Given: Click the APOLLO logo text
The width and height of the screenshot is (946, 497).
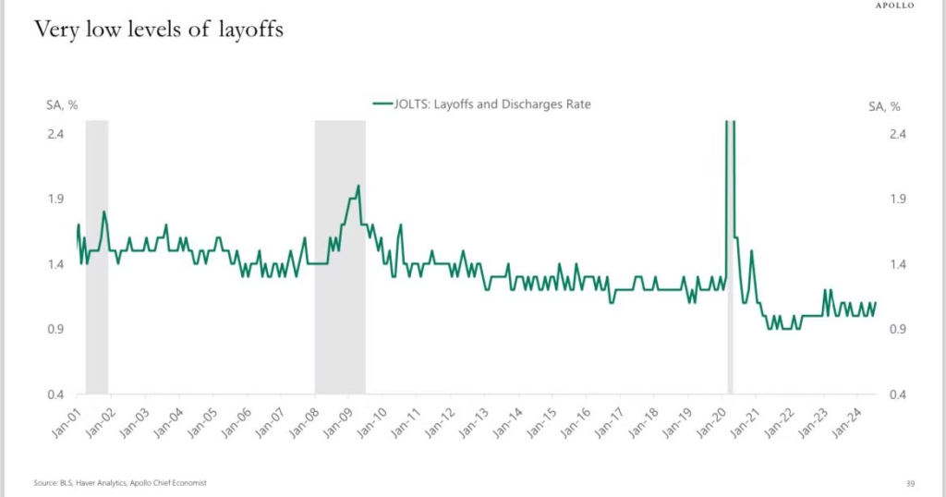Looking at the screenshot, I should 895,6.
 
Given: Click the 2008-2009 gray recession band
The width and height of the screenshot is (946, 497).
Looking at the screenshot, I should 339,259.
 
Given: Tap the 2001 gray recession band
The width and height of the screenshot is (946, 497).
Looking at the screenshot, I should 97,259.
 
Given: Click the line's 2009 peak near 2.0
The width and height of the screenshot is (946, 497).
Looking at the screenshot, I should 358,187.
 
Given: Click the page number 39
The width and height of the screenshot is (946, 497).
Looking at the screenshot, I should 911,482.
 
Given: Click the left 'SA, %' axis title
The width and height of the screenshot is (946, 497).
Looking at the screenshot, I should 62,105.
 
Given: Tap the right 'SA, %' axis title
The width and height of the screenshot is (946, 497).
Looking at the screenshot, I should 884,105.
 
